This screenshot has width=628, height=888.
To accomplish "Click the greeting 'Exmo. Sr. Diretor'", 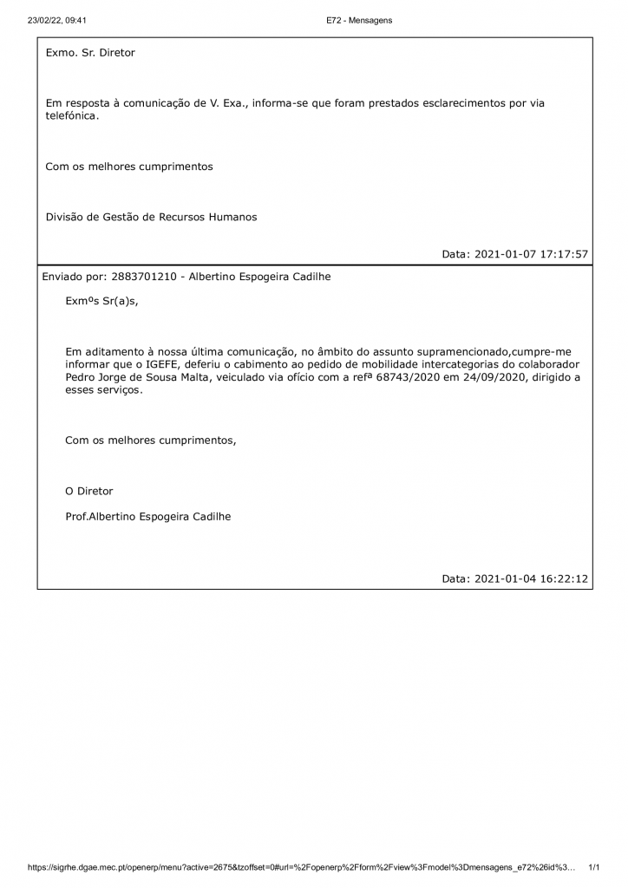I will pyautogui.click(x=90, y=53).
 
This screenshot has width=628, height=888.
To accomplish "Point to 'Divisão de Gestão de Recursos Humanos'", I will pyautogui.click(x=151, y=217).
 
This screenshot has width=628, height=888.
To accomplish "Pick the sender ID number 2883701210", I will pyautogui.click(x=144, y=277).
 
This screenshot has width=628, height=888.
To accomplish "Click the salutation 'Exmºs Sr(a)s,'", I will pyautogui.click(x=101, y=301).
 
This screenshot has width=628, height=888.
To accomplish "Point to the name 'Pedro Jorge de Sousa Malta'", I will pyautogui.click(x=139, y=377).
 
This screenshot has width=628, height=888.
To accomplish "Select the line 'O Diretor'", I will pyautogui.click(x=89, y=491).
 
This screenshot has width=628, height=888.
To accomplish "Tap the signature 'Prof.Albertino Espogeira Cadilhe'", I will pyautogui.click(x=148, y=516).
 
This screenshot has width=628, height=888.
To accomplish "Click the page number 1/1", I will pyautogui.click(x=594, y=867).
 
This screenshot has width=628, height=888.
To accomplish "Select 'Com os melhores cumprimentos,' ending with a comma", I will pyautogui.click(x=150, y=441).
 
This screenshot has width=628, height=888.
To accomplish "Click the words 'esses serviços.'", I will pyautogui.click(x=103, y=390).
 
